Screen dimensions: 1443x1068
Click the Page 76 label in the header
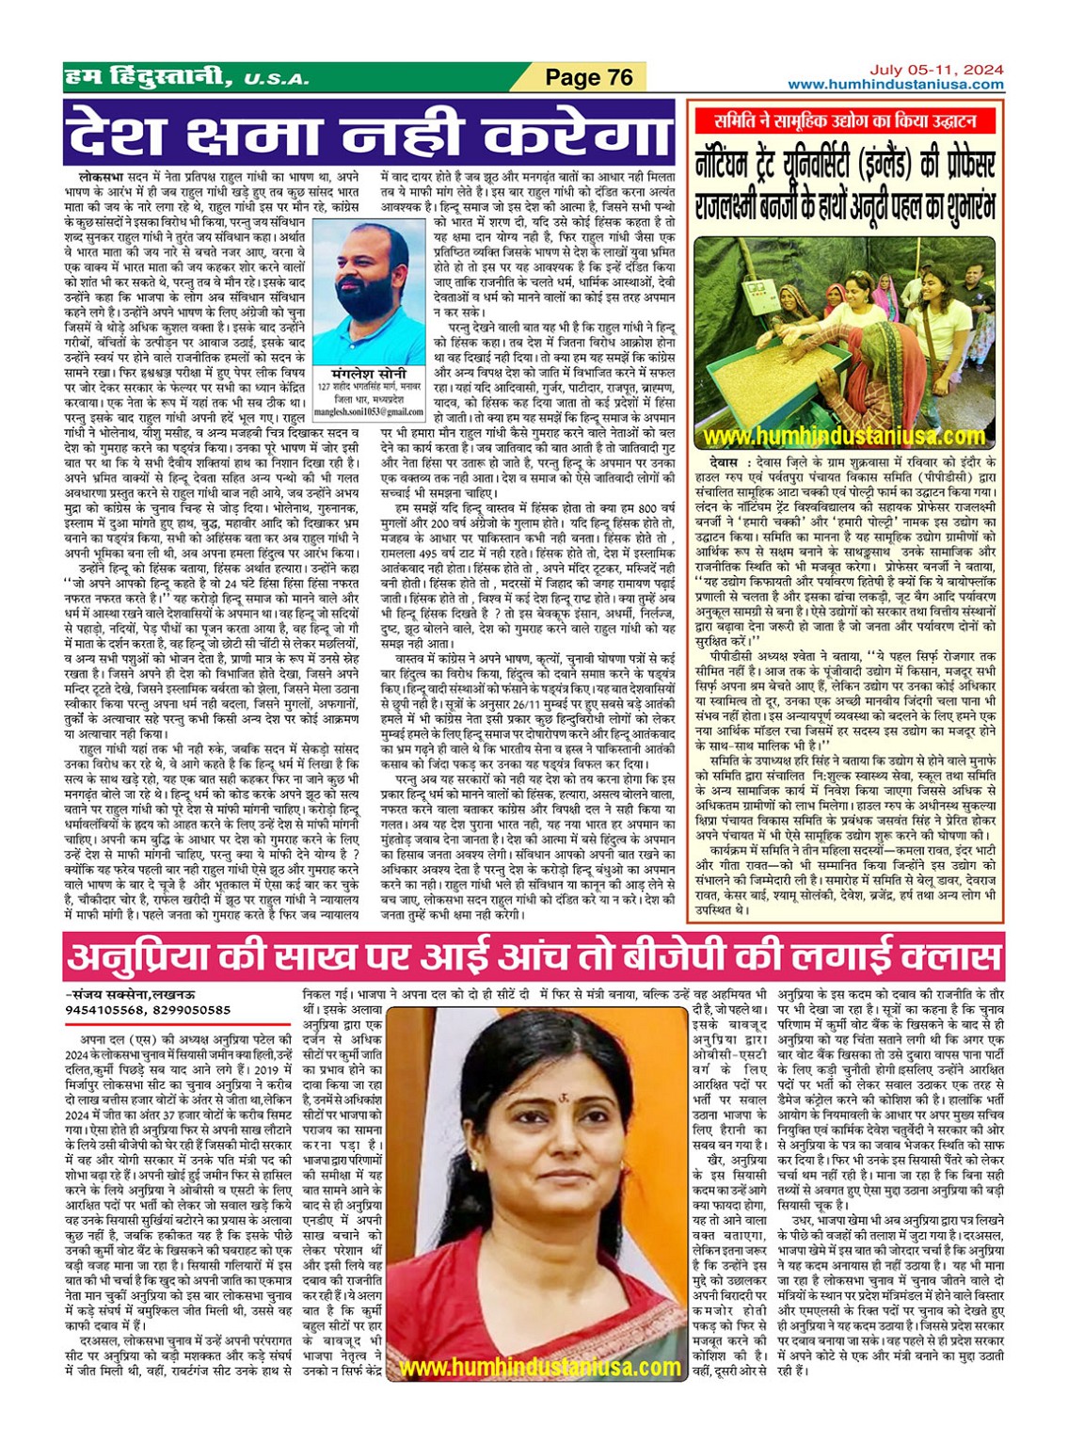(x=589, y=77)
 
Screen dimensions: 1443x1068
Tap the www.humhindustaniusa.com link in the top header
(x=895, y=85)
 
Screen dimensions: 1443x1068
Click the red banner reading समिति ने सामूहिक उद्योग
(x=846, y=120)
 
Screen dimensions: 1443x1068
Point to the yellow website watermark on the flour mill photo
(x=844, y=437)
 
